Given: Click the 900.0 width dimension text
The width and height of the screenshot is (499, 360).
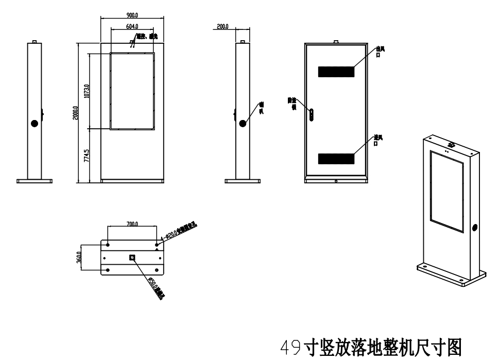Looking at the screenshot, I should [x=131, y=15].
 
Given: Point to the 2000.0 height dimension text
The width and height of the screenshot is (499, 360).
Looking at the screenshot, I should [x=75, y=113].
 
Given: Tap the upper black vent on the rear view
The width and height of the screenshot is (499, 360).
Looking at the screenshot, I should [x=336, y=72].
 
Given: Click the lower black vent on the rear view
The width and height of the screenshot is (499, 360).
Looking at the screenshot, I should [x=336, y=159].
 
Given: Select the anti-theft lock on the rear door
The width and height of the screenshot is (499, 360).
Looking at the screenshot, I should [x=311, y=114].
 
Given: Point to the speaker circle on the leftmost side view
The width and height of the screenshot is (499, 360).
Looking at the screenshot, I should [x=35, y=124].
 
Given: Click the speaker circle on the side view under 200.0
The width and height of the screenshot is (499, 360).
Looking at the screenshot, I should [x=243, y=124].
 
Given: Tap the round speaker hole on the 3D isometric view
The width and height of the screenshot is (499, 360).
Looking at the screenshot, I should [x=475, y=227].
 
